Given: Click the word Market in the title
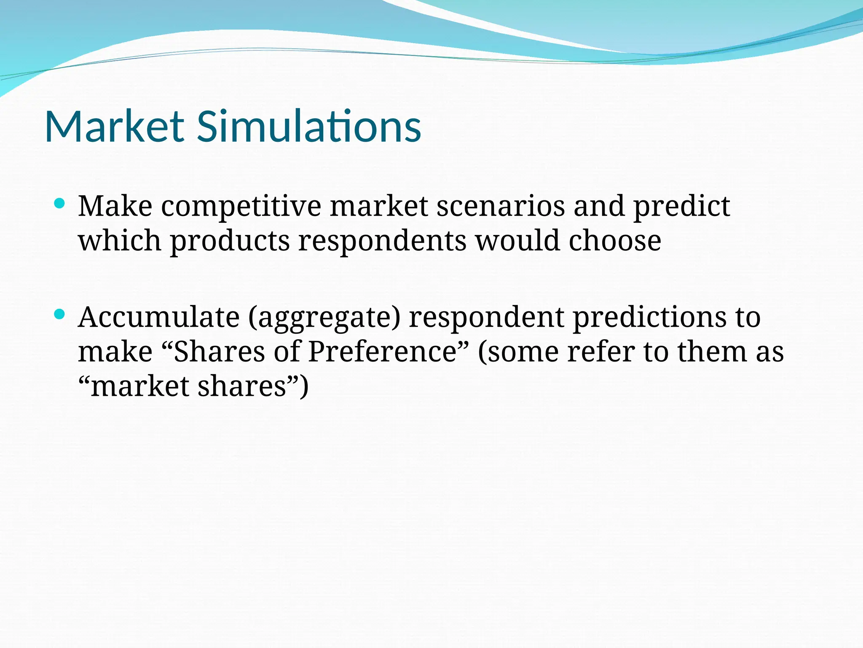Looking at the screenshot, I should point(114,126).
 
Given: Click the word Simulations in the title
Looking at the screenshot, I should point(309,126).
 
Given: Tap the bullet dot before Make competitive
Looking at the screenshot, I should point(59,204).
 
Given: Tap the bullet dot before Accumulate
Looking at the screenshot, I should point(59,314).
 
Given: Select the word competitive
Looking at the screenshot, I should point(241,207).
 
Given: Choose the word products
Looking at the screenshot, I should point(230,242).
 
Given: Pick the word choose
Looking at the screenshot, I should point(615,241).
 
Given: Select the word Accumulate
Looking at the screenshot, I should point(159,317).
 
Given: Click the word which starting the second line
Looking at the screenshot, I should point(120,241).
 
